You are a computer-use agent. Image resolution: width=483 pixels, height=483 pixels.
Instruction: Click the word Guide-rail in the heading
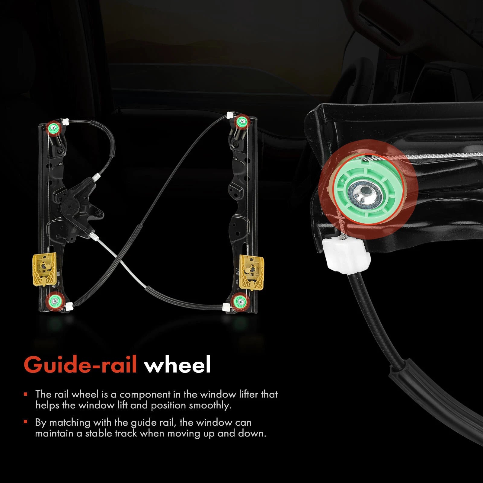(80, 365)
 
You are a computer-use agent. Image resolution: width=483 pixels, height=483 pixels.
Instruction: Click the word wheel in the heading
(177, 365)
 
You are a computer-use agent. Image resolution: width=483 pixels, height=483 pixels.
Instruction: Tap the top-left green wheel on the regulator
(53, 127)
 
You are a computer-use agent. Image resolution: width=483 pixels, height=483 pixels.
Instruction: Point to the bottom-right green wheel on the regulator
(241, 301)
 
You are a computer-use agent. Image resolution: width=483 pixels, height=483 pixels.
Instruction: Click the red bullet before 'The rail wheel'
(26, 394)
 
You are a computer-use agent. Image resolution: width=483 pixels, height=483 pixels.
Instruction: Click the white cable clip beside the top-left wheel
(66, 121)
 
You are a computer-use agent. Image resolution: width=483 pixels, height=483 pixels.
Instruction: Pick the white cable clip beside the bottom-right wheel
(226, 307)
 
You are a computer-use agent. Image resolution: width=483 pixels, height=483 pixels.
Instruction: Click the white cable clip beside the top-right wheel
(230, 115)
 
